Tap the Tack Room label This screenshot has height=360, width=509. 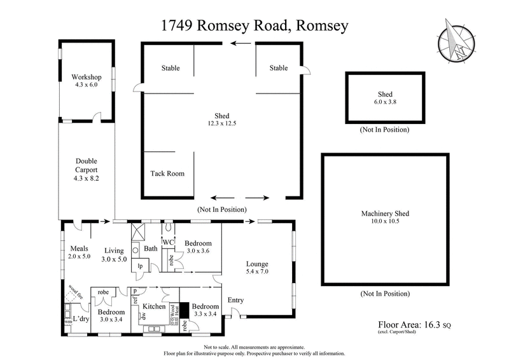[x=167, y=173]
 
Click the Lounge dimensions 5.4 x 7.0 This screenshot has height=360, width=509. [x=258, y=272]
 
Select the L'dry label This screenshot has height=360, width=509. [x=81, y=318]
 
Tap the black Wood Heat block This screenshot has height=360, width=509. [x=184, y=311]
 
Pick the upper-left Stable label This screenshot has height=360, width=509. [x=170, y=68]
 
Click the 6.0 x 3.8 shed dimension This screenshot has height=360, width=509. [x=386, y=102]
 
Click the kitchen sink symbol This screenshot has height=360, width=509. [x=153, y=329]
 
